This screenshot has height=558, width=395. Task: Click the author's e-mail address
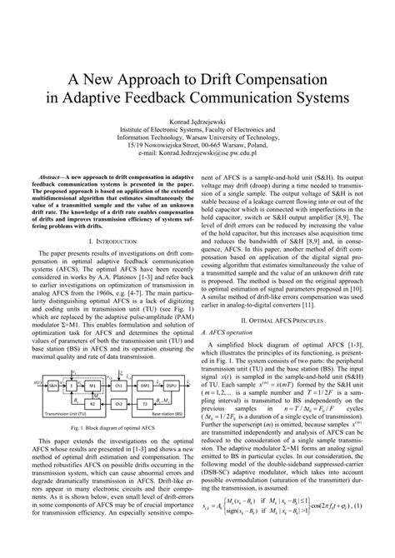pyautogui.click(x=197, y=154)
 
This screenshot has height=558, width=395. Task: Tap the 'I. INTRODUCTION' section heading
pyautogui.click(x=103, y=240)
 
